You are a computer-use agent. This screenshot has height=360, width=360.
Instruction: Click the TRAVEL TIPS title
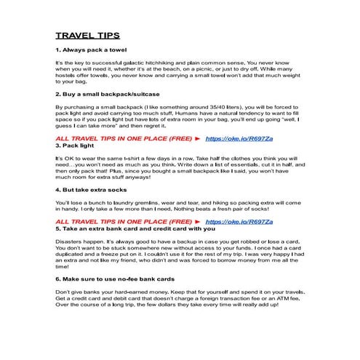click(88, 35)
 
